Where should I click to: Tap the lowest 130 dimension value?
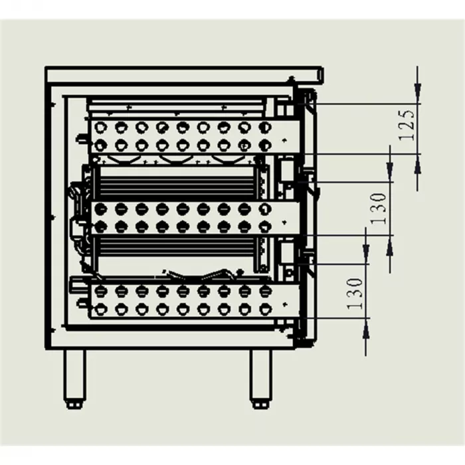[x=355, y=293]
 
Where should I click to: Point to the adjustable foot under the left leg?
[x=74, y=403]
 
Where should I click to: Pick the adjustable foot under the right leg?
[x=260, y=403]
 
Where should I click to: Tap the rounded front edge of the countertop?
[x=320, y=74]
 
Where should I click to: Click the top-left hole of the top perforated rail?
[x=100, y=126]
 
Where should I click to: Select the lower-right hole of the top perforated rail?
[x=264, y=144]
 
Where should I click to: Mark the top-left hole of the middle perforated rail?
[x=100, y=209]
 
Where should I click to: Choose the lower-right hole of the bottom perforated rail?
[x=264, y=308]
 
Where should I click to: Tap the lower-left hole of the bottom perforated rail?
[x=100, y=308]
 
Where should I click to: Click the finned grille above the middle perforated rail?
[x=176, y=181]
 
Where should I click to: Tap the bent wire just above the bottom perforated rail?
[x=199, y=274]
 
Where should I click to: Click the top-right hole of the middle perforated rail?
[x=264, y=209]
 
